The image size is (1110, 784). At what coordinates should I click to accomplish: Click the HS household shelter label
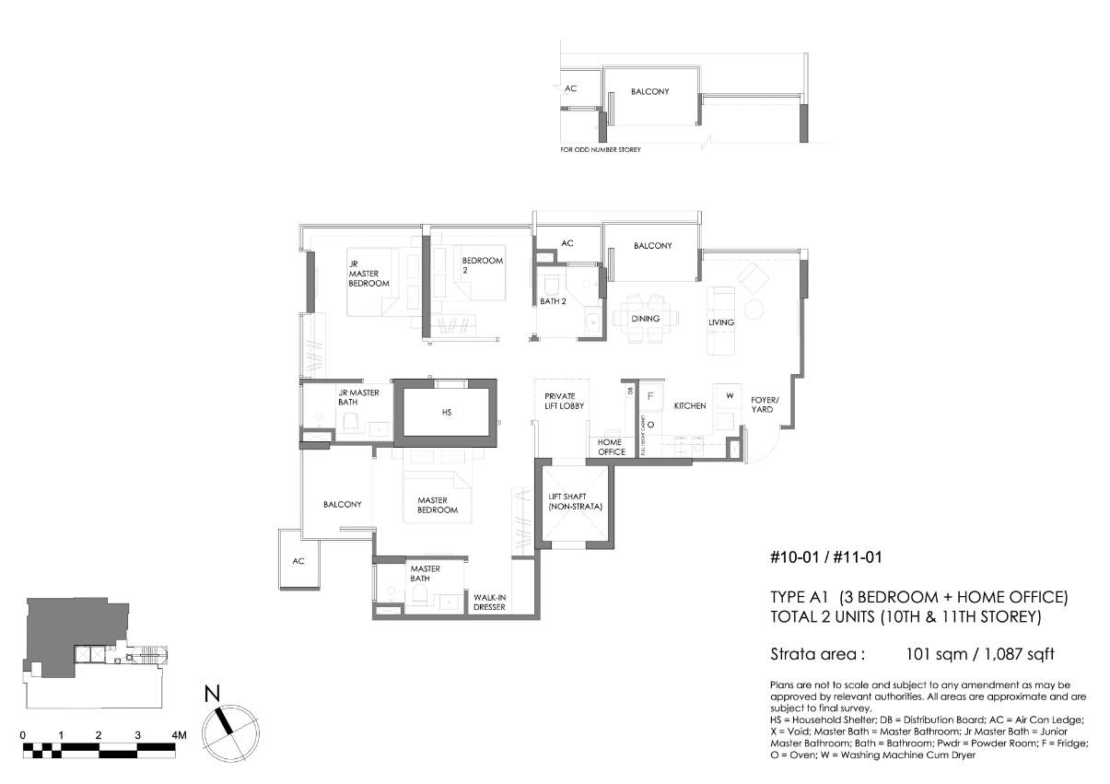coord(447,413)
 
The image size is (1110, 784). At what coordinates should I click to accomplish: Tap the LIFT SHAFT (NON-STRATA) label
coord(575,501)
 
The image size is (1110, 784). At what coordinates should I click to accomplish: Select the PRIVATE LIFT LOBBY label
coord(564,401)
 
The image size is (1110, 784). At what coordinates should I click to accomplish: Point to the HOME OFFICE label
coord(611,447)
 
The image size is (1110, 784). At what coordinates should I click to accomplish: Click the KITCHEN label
coord(690,406)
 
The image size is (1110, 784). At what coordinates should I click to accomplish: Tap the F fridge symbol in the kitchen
coord(650,396)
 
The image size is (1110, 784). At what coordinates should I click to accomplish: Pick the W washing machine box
coord(728,396)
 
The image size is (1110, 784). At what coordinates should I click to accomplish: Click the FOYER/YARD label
coord(765,404)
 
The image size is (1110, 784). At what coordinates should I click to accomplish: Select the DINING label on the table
coord(645,319)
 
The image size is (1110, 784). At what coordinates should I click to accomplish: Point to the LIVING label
coord(721,322)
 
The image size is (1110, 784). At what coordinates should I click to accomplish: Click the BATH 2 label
coord(553,301)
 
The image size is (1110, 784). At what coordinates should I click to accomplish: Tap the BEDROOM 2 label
coord(482,265)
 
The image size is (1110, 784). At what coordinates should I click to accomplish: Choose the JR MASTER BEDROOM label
coord(368,274)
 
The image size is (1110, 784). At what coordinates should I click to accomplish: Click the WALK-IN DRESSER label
coord(489,603)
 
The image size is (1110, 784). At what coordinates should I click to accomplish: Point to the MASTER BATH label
coord(425,573)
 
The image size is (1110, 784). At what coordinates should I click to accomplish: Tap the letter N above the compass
coord(212,694)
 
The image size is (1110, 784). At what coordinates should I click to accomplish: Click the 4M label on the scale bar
coord(179,735)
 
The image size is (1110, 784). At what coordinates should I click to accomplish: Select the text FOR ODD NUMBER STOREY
coord(601,149)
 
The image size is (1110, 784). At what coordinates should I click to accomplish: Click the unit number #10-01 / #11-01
coord(826,557)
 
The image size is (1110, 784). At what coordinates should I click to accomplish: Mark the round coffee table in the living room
coord(754,310)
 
